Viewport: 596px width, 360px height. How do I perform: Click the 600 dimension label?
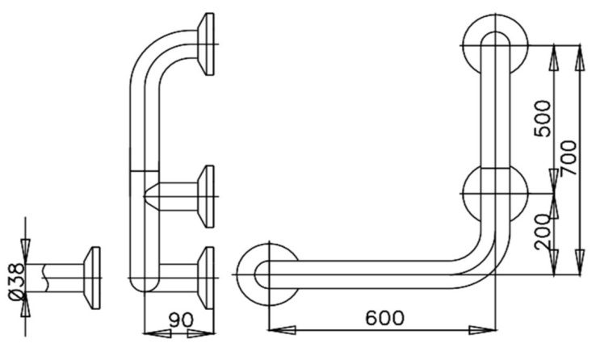click(x=384, y=318)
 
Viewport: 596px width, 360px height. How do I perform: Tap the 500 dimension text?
click(x=542, y=117)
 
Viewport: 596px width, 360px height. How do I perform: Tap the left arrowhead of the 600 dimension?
click(x=275, y=329)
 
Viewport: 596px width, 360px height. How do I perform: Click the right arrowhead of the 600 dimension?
click(x=488, y=329)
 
